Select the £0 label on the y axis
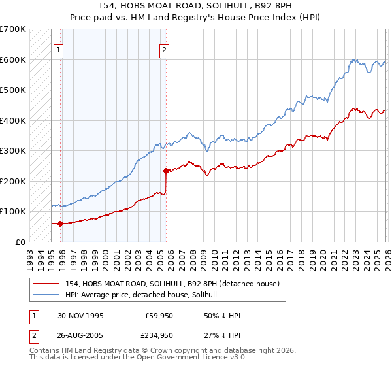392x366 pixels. pos(20,242)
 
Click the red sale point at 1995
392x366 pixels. pos(61,224)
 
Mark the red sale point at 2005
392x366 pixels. pos(166,171)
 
